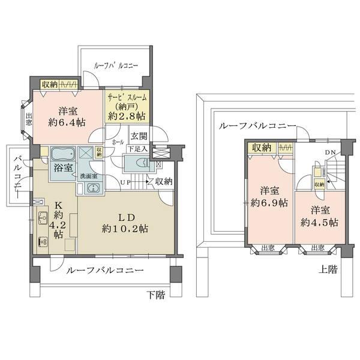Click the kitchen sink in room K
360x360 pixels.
[x=43, y=217]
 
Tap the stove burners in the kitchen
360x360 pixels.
[x=43, y=242]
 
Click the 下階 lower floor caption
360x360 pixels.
[x=155, y=294]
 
